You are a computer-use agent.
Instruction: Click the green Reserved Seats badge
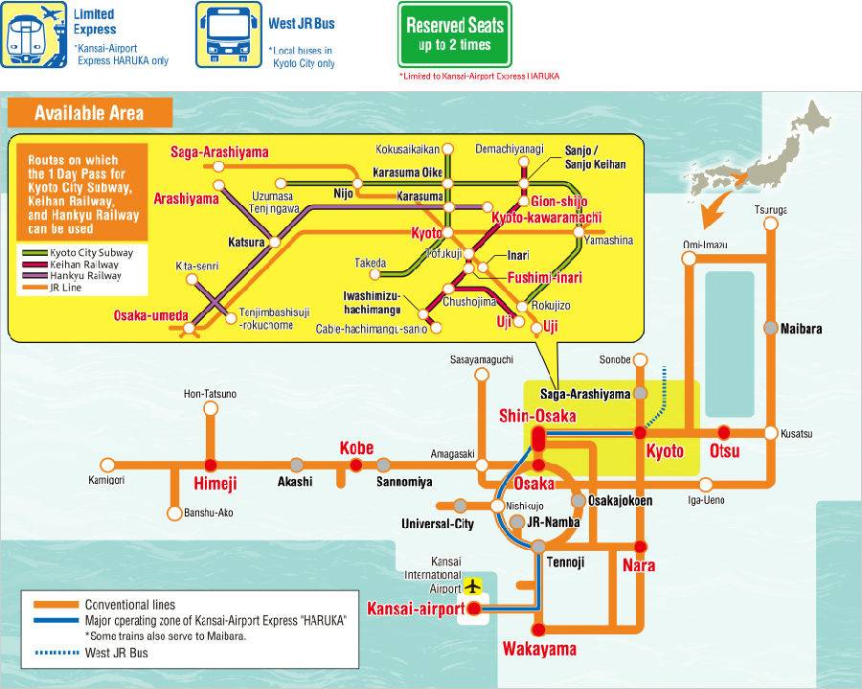click(455, 35)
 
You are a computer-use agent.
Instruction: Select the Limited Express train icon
click(32, 34)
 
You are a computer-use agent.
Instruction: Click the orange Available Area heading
click(89, 113)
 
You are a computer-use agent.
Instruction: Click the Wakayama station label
click(539, 650)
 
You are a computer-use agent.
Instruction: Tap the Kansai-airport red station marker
click(473, 608)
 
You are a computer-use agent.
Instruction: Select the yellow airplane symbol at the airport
click(472, 585)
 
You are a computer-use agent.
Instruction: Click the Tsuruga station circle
click(770, 223)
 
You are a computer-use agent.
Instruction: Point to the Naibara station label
click(801, 328)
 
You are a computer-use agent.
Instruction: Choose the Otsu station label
click(724, 451)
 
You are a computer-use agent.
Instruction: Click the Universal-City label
click(437, 523)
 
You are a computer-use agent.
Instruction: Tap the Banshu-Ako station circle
click(174, 514)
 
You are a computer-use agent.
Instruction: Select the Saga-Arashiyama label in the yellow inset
click(219, 151)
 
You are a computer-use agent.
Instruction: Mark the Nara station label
click(639, 565)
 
